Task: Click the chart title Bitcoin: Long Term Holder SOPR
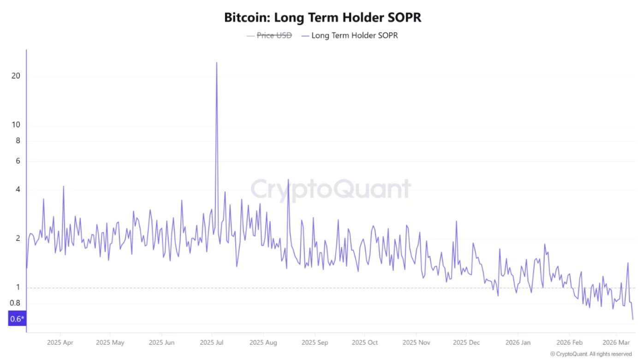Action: pyautogui.click(x=322, y=18)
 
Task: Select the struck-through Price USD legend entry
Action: pyautogui.click(x=274, y=35)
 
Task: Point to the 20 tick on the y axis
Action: pyautogui.click(x=16, y=76)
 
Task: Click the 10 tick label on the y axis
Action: pyautogui.click(x=16, y=125)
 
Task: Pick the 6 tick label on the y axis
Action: pyautogui.click(x=18, y=161)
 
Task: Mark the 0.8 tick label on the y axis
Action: pyautogui.click(x=15, y=303)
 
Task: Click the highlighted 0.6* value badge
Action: pyautogui.click(x=17, y=319)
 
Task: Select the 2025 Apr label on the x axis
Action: pyautogui.click(x=60, y=343)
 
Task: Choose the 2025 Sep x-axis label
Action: pyautogui.click(x=315, y=343)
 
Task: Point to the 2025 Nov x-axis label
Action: pyautogui.click(x=416, y=343)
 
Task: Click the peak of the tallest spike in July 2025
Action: pyautogui.click(x=217, y=62)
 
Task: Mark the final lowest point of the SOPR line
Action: pyautogui.click(x=633, y=319)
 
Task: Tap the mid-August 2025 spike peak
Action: pyautogui.click(x=288, y=180)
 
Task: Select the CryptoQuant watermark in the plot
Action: pyautogui.click(x=330, y=189)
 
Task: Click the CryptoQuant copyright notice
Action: pyautogui.click(x=591, y=354)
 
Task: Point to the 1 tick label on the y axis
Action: pyautogui.click(x=18, y=288)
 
